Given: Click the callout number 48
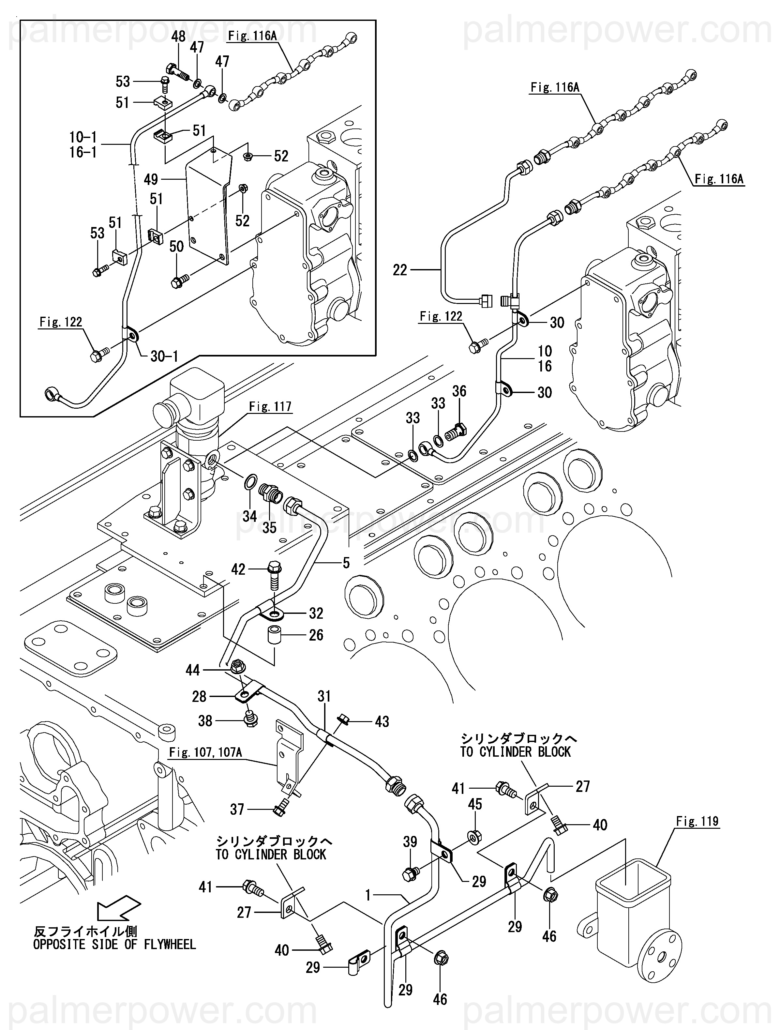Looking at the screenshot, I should click(x=178, y=36).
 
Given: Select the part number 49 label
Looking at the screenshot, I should click(x=151, y=179).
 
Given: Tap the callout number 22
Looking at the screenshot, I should click(x=399, y=270).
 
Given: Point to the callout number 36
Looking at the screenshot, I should click(x=459, y=391).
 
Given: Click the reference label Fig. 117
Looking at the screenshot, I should click(x=270, y=406).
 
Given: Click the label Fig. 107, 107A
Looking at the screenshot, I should click(x=205, y=752).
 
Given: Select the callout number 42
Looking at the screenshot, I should click(x=238, y=569).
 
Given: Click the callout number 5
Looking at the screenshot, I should click(x=346, y=563).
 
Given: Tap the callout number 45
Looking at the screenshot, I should click(x=475, y=804).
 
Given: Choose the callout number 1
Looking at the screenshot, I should click(x=368, y=895).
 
